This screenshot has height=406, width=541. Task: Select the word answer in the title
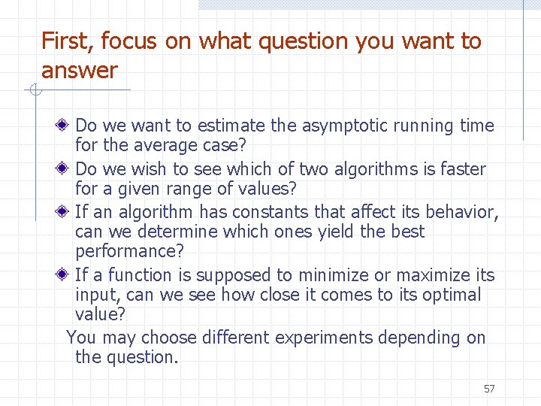click(79, 71)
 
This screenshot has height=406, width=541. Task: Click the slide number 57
click(489, 389)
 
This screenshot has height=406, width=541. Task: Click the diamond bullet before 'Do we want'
click(65, 126)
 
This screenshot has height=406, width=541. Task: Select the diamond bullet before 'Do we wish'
click(65, 169)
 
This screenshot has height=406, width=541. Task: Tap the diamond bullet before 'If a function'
click(65, 275)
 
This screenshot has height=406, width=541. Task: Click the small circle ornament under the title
click(34, 92)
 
